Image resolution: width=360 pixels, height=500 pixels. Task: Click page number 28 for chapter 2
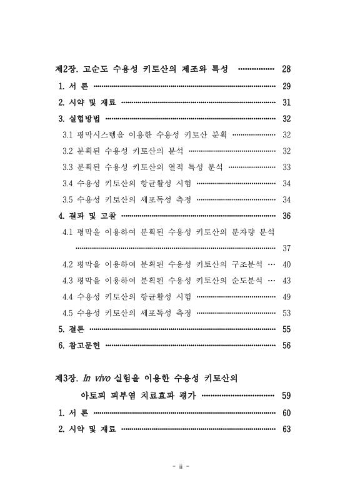point(287,69)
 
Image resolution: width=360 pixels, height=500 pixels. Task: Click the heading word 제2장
point(67,69)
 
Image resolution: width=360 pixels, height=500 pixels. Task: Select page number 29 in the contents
point(287,86)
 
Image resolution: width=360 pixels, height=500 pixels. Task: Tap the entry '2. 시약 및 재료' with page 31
point(87,102)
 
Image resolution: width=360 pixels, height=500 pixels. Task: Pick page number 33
point(287,167)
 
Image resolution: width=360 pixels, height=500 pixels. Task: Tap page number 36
point(287,216)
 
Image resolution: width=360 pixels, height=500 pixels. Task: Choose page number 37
point(287,248)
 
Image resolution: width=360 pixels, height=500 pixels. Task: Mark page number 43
point(287,281)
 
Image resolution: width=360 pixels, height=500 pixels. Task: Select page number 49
point(287,297)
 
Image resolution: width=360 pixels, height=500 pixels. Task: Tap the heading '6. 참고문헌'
point(80,346)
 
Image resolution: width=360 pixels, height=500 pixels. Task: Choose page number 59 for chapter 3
point(287,396)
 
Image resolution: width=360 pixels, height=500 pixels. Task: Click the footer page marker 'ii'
point(180,466)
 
